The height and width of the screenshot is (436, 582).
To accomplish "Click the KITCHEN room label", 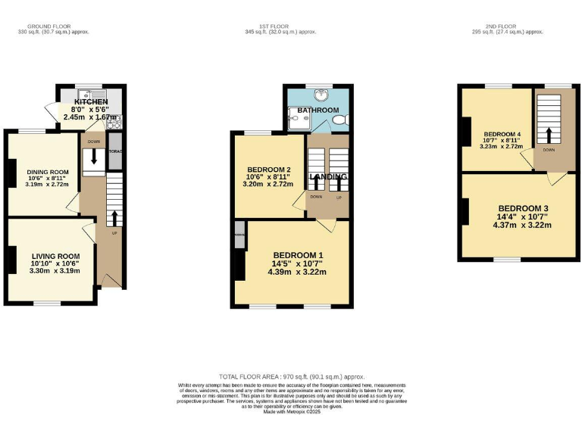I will click(x=91, y=101).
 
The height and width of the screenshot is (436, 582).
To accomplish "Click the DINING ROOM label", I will click(x=48, y=172).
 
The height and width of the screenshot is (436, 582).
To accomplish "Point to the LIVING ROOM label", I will click(x=55, y=256).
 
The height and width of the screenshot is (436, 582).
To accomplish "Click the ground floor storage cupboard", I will click(x=114, y=151).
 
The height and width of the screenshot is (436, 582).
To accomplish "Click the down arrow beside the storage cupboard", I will click(x=94, y=156).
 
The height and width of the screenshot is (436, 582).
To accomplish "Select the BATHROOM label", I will click(x=318, y=110).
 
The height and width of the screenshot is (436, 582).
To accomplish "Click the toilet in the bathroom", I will click(x=340, y=120).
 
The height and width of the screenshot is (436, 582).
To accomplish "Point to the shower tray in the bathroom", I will click(x=296, y=119).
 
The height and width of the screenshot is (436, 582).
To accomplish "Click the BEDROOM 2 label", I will click(x=268, y=169).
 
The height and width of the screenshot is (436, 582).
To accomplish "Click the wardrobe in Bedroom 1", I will click(x=239, y=235).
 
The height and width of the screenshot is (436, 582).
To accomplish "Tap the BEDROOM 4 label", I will click(x=502, y=133).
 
